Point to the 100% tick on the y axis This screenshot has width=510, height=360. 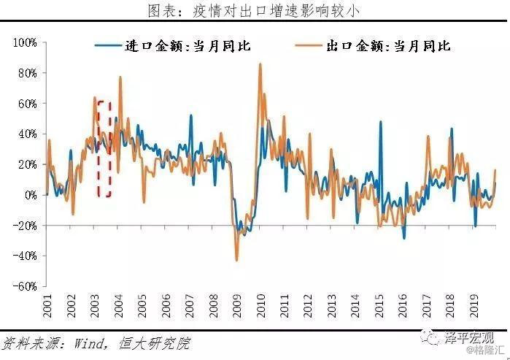pos(25,43)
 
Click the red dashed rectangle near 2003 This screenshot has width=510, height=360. pos(104,148)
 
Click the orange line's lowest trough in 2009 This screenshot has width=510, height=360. pos(236,260)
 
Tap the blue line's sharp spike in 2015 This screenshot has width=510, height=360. pos(380,122)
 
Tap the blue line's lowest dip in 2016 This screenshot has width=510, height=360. pos(403,238)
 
